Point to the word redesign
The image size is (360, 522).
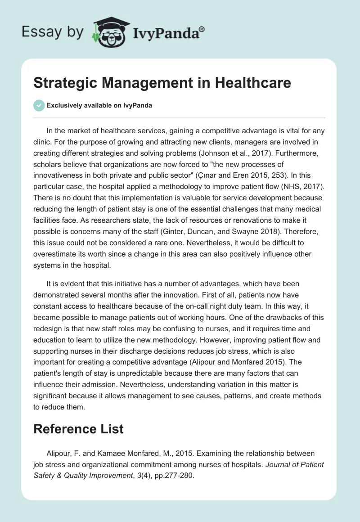click(x=51, y=327)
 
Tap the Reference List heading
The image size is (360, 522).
click(x=78, y=429)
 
